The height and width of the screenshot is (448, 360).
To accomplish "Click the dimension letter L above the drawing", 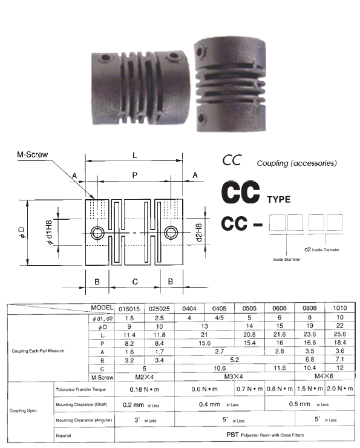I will (x=134, y=156).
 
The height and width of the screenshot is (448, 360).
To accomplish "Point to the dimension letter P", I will (x=134, y=174).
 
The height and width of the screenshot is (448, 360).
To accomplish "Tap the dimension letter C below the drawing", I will (x=134, y=280).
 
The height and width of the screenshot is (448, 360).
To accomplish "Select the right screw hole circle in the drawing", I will (x=171, y=233).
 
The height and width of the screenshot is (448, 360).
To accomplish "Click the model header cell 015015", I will (x=129, y=308).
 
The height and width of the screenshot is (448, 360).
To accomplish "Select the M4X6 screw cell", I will (x=310, y=377).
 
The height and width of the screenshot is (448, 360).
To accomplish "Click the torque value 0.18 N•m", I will (x=143, y=389).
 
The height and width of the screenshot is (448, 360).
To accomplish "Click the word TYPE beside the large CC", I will (x=279, y=199).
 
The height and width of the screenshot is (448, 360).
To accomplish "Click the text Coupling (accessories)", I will (x=296, y=163).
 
